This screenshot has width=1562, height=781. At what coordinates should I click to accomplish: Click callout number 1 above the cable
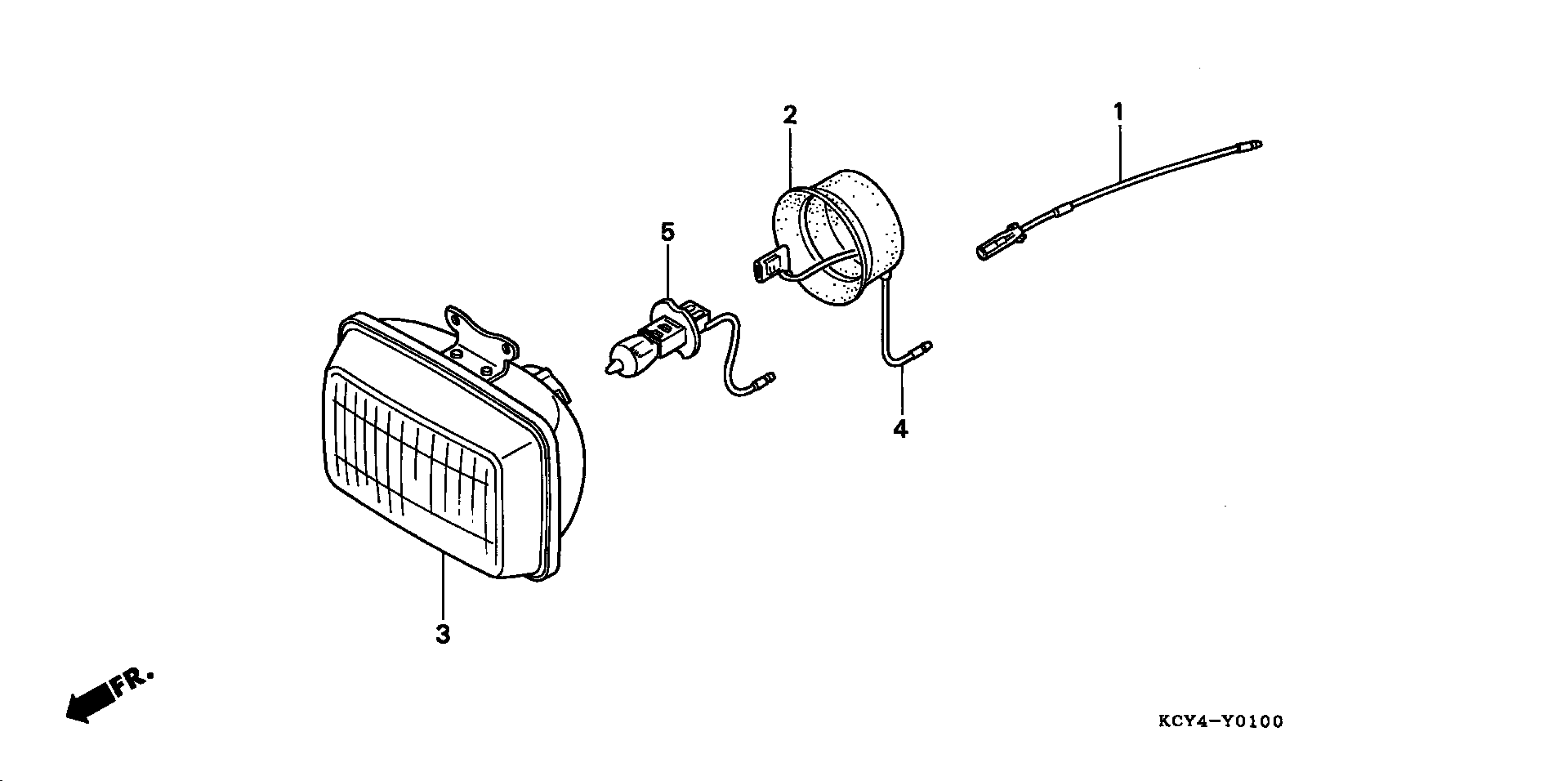(1118, 112)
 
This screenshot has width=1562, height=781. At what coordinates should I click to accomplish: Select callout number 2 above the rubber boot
(789, 114)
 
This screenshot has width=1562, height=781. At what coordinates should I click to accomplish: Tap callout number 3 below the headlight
(443, 634)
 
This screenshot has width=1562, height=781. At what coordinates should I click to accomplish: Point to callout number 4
(900, 429)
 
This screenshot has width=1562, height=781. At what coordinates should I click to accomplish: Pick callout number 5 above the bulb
(667, 232)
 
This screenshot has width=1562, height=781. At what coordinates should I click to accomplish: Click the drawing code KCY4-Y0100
(1221, 722)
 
